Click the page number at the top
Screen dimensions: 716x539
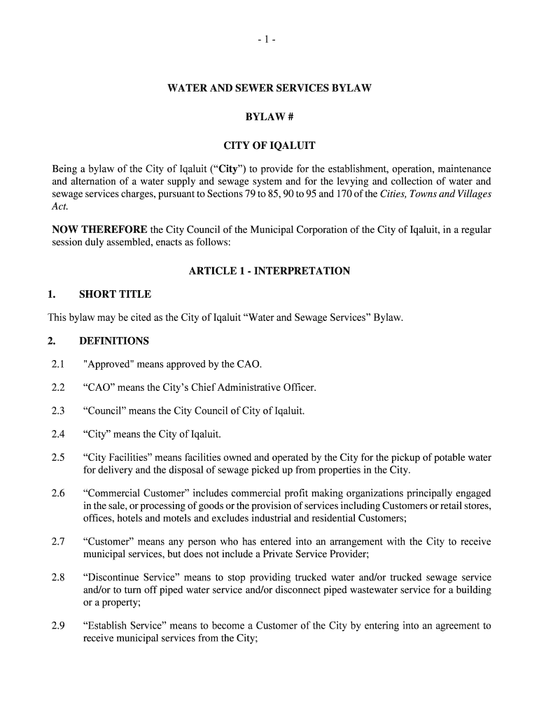click(x=269, y=41)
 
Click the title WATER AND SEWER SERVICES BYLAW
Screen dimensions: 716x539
click(x=269, y=89)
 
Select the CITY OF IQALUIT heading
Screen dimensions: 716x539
click(x=269, y=146)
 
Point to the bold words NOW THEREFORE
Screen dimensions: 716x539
click(x=100, y=229)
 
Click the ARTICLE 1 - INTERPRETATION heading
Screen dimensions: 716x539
click(x=269, y=271)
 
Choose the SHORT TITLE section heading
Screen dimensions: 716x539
click(x=115, y=294)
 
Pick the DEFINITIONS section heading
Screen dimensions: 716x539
click(x=114, y=341)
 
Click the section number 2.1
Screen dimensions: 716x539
click(x=58, y=364)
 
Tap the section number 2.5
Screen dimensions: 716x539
click(x=58, y=458)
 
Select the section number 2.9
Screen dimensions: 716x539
click(x=58, y=626)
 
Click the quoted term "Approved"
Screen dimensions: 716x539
click(x=107, y=364)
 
